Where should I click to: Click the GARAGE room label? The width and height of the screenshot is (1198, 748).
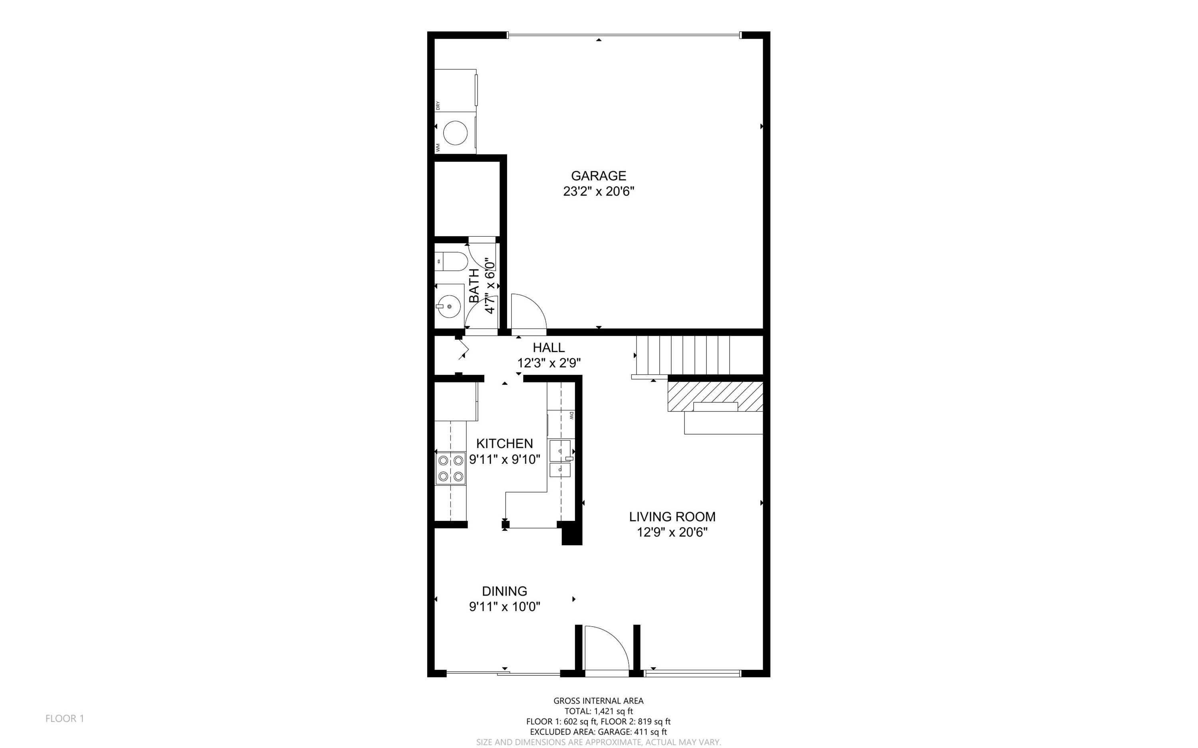[x=598, y=176]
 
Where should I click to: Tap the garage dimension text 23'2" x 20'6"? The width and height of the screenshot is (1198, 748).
[x=598, y=192]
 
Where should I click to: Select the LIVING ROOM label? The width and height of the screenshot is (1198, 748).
[x=672, y=516]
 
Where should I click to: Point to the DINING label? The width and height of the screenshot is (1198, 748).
[x=504, y=591]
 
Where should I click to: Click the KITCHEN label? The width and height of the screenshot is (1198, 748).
[x=504, y=443]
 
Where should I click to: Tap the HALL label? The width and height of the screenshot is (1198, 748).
[x=548, y=347]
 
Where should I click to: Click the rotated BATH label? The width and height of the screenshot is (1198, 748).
[x=474, y=285]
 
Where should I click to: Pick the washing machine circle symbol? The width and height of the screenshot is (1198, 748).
[x=455, y=133]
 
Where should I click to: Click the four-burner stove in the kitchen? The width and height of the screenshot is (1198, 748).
[x=451, y=468]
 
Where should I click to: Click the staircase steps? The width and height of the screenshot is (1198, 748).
[x=682, y=355]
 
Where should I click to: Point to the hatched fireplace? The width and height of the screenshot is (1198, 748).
[x=715, y=396]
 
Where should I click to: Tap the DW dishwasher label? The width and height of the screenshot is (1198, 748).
[x=571, y=416]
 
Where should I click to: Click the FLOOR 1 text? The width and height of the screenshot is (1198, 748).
[x=65, y=718]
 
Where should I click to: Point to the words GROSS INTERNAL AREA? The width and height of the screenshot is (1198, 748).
[x=598, y=701]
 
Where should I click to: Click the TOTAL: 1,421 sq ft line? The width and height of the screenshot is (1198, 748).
[x=598, y=711]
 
